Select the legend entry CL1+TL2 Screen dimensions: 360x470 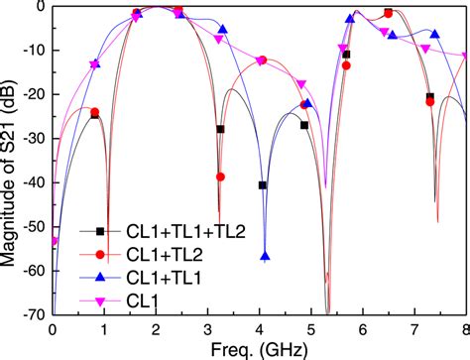(x=138, y=255)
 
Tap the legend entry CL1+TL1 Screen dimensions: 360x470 (x=138, y=279)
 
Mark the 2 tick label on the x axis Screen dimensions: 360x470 (x=156, y=328)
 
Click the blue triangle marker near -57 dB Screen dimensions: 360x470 (x=265, y=257)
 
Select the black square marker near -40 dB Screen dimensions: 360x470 (x=262, y=185)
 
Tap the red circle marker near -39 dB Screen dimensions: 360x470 (x=220, y=177)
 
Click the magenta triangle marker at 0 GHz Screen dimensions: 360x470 (x=54, y=241)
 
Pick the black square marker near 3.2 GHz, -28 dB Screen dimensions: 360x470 (x=220, y=129)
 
